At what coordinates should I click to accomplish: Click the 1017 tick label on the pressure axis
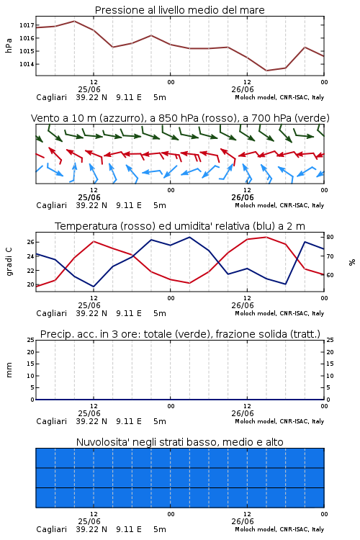click(x=27, y=25)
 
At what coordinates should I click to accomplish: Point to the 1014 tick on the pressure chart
click(x=27, y=64)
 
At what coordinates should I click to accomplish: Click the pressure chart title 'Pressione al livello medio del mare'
click(x=180, y=10)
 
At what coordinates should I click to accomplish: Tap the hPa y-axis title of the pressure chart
click(x=9, y=45)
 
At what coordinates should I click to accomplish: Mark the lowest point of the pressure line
click(x=266, y=71)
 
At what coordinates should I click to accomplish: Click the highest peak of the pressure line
click(x=74, y=21)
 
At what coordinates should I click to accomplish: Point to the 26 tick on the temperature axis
click(x=30, y=242)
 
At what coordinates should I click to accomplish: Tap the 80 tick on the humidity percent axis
click(x=330, y=237)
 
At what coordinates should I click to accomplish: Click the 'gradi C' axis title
click(x=9, y=261)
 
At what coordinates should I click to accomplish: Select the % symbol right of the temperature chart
click(x=352, y=262)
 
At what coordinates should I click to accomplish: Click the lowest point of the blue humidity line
click(x=94, y=287)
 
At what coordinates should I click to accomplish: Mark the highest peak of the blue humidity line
click(x=189, y=237)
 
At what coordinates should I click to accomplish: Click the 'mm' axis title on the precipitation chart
click(x=9, y=369)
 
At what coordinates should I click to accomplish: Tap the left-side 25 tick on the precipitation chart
click(x=31, y=340)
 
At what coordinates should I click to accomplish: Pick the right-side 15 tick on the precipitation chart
click(x=330, y=364)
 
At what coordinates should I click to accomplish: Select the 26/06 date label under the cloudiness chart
click(x=243, y=521)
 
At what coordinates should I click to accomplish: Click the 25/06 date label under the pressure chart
click(x=89, y=89)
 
